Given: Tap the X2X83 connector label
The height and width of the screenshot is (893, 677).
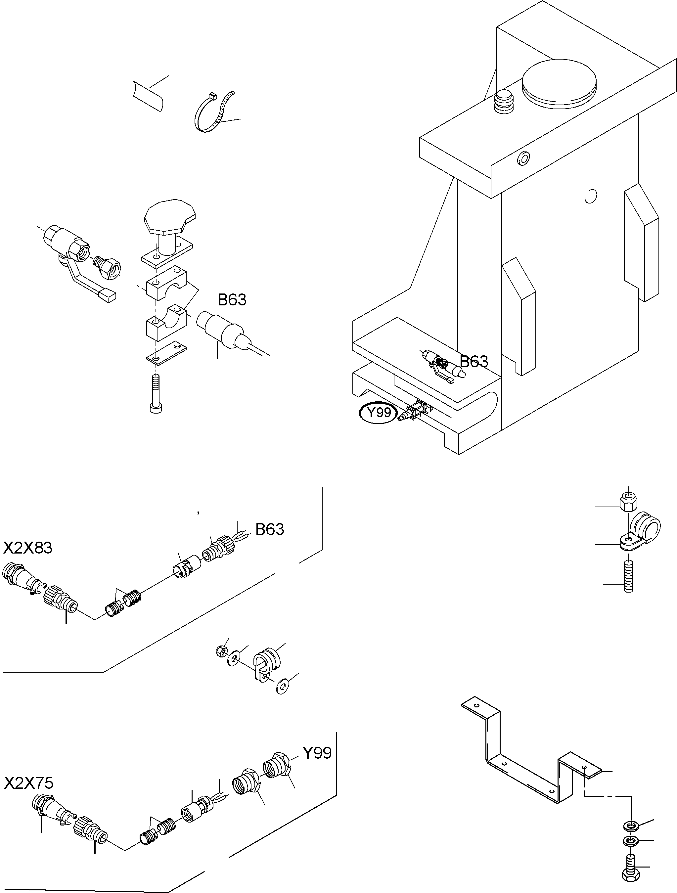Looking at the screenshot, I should click(28, 548).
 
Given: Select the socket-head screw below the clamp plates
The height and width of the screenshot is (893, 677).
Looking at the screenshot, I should click(156, 393).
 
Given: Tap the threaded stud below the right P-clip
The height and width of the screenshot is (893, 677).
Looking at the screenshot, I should click(629, 577).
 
